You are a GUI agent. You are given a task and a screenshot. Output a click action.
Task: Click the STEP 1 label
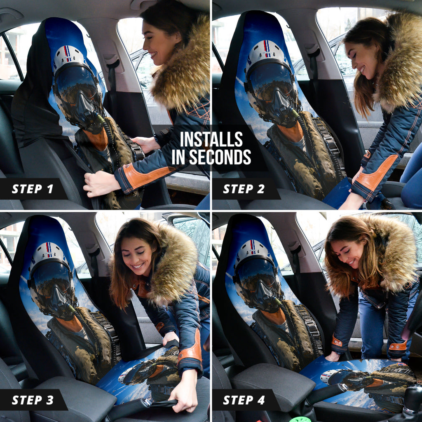pos(33,189)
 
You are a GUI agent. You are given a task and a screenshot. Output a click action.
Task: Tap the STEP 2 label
pos(244,189)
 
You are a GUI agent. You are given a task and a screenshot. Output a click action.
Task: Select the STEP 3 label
pos(33,400)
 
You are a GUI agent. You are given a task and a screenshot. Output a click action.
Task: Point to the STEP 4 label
pos(244,400)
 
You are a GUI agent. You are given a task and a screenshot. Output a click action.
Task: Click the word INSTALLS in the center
pos(211,139)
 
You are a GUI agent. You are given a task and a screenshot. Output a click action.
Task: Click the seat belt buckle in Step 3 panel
pos(147,403)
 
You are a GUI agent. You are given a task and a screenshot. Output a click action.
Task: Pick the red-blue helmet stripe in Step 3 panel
pos(49,250)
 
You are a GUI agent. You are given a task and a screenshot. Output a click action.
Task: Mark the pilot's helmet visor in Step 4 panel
pos(257,278)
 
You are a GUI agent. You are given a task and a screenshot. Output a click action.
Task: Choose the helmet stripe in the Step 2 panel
pos(267,49)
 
